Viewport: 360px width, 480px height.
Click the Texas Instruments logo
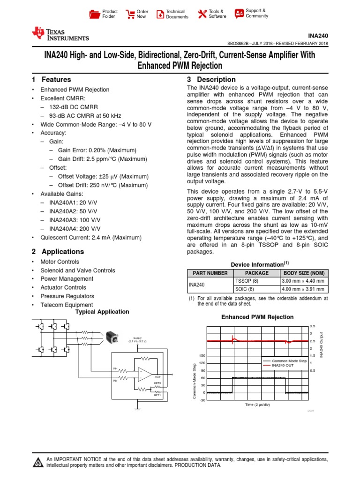point(60,32)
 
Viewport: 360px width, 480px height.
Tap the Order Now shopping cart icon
point(130,14)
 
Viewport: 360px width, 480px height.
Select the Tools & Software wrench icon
point(202,14)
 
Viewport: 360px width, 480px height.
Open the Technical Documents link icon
point(160,14)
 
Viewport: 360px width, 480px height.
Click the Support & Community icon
point(239,13)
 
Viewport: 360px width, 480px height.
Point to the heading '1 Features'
point(51,80)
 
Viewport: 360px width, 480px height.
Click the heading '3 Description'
point(211,80)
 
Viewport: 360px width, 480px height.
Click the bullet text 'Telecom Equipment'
point(67,305)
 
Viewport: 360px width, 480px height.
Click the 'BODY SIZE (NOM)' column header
point(303,273)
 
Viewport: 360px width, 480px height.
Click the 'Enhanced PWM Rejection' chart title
point(257,317)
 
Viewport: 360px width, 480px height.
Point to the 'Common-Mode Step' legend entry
point(289,361)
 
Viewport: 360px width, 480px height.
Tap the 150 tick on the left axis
point(202,356)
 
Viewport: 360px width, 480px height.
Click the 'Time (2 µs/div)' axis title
point(257,404)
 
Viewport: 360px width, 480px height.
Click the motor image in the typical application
point(112,337)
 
